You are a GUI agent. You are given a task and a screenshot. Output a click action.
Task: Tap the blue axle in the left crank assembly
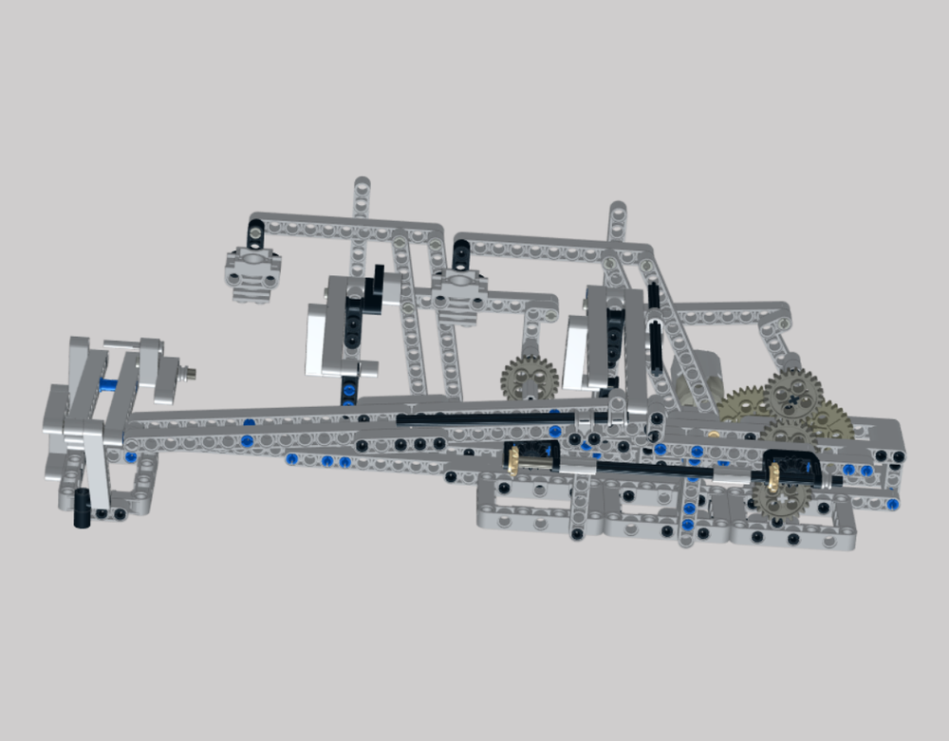point(108,384)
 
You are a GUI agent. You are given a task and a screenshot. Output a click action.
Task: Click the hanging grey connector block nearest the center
point(460,293)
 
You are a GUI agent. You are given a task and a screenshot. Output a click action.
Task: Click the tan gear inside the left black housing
point(515,458)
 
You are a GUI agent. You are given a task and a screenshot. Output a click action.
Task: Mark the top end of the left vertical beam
point(362,184)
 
